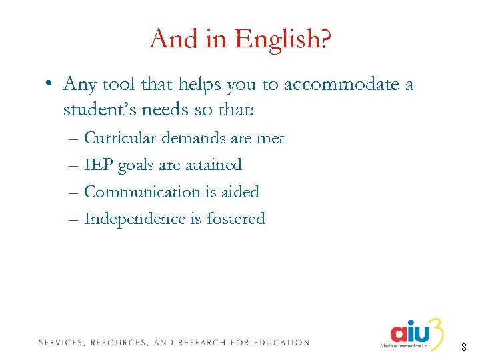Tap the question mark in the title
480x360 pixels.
pos(325,39)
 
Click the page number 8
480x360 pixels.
pos(463,347)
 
